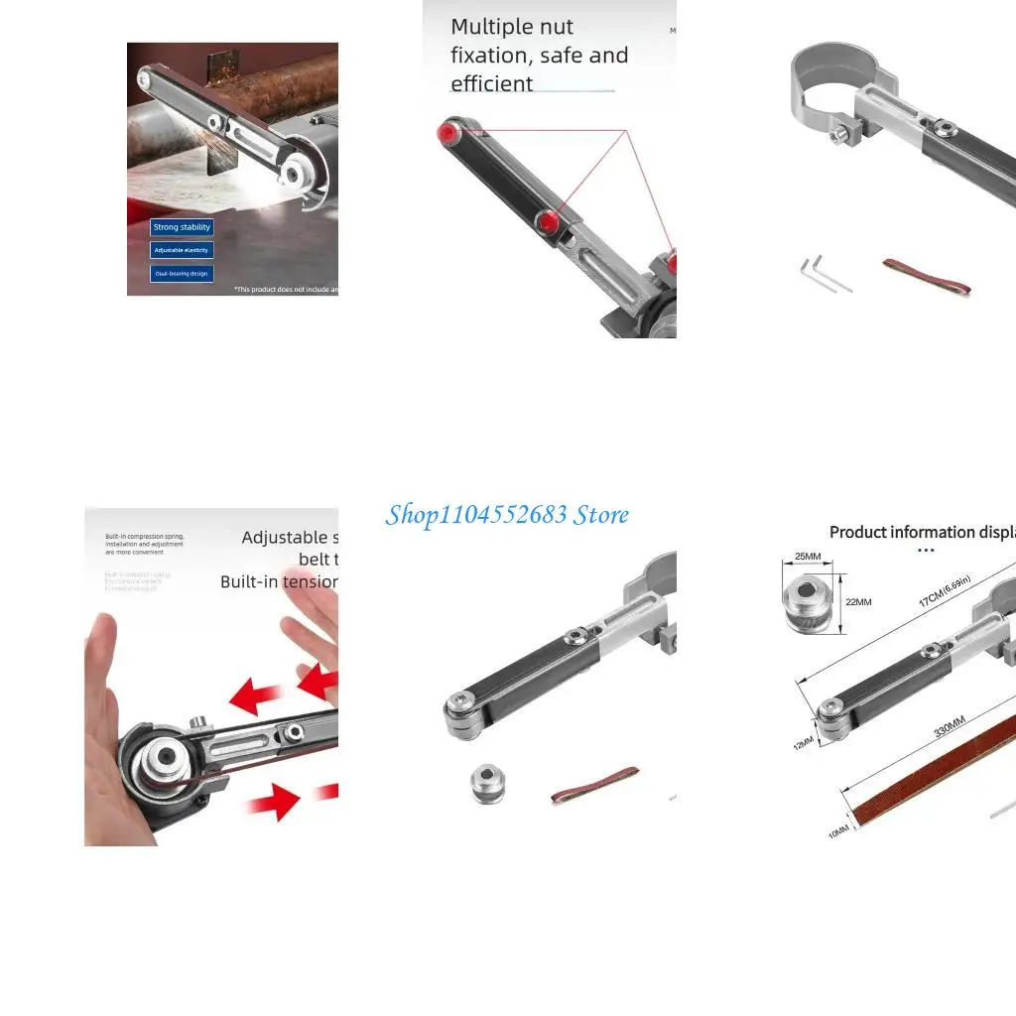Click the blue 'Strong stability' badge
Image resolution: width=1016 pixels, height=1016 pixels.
[x=182, y=227]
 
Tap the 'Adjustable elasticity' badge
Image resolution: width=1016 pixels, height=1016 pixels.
[x=182, y=250]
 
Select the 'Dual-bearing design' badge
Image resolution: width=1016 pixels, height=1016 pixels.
[x=182, y=273]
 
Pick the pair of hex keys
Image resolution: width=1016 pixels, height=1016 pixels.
[x=823, y=273]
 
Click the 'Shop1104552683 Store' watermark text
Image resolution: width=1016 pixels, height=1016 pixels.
[x=507, y=514]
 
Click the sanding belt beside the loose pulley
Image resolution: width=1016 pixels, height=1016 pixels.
[x=594, y=783]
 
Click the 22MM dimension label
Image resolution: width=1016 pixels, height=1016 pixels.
[x=858, y=602]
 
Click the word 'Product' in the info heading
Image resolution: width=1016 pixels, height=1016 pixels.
[x=857, y=532]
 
